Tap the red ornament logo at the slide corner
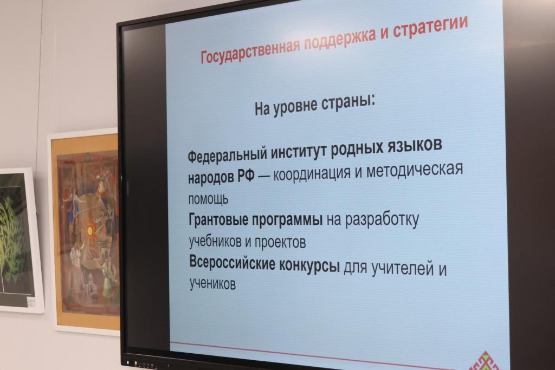(487, 361)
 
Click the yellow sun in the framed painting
(90, 231)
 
